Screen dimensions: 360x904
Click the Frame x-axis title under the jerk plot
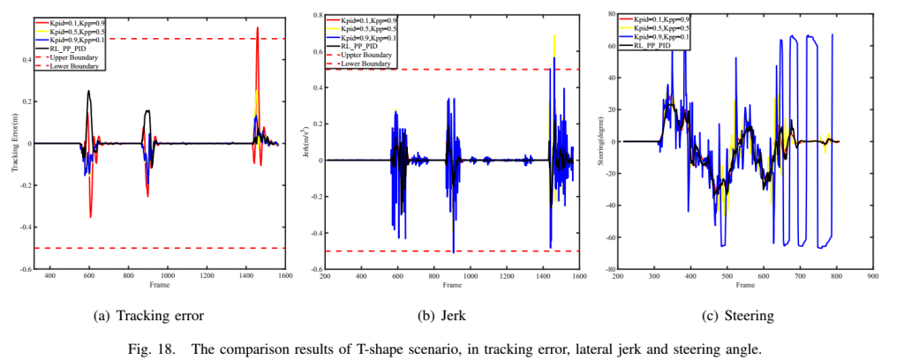point(452,286)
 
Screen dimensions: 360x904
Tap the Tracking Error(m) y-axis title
point(15,141)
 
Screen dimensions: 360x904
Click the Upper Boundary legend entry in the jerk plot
point(364,55)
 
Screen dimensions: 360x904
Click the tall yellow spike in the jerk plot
point(554,37)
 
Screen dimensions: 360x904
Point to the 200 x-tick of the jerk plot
point(325,276)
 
